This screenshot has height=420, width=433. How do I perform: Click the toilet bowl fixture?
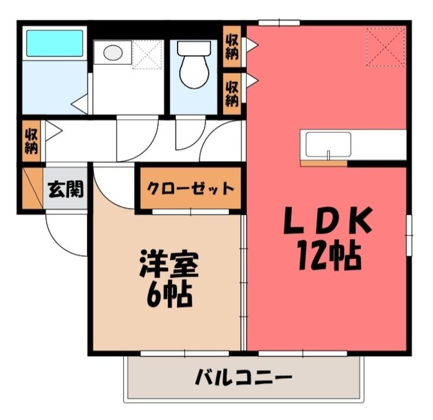click(194, 65)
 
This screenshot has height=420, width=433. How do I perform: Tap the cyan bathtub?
click(55, 43)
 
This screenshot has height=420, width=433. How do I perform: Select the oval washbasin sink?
click(113, 52)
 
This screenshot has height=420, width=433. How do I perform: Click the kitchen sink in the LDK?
click(329, 146)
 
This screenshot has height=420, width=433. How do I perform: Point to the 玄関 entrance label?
click(65, 190)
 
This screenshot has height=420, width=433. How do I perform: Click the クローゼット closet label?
click(191, 188)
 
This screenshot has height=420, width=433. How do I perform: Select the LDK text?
click(329, 220)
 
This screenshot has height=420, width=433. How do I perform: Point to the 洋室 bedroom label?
click(169, 264)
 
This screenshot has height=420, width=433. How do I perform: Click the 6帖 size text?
click(169, 294)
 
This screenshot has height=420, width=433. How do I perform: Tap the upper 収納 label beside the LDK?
click(232, 47)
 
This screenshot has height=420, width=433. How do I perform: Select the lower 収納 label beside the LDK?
click(232, 94)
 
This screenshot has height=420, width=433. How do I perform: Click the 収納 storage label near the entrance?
click(31, 141)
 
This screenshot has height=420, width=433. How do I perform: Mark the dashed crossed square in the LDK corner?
click(385, 47)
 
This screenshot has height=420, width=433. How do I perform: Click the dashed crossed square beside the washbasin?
click(147, 55)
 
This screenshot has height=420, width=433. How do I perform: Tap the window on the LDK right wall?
click(409, 235)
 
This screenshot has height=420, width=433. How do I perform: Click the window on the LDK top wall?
click(279, 22)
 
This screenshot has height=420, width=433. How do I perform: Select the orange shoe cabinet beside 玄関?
click(32, 188)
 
